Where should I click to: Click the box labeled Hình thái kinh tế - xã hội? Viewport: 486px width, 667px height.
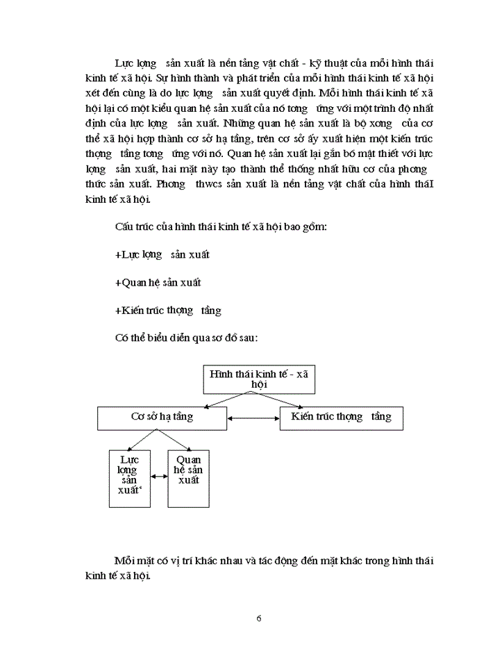tap(258, 378)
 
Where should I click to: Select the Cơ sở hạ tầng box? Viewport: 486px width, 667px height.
tap(162, 417)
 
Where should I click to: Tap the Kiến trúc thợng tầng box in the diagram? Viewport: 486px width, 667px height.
tap(341, 417)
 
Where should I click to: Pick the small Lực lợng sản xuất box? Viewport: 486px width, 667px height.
tap(129, 478)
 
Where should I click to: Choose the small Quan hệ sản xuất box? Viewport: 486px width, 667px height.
tap(188, 478)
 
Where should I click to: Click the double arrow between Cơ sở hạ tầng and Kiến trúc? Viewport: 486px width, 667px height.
tap(253, 418)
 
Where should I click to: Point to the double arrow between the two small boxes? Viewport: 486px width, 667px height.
tap(159, 476)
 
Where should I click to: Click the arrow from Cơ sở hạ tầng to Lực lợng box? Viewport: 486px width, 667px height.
tap(144, 440)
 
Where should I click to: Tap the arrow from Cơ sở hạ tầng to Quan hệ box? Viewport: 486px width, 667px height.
tap(176, 440)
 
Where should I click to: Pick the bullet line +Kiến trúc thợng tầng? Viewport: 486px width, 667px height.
tap(168, 311)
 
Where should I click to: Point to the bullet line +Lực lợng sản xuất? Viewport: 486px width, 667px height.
tap(162, 255)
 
